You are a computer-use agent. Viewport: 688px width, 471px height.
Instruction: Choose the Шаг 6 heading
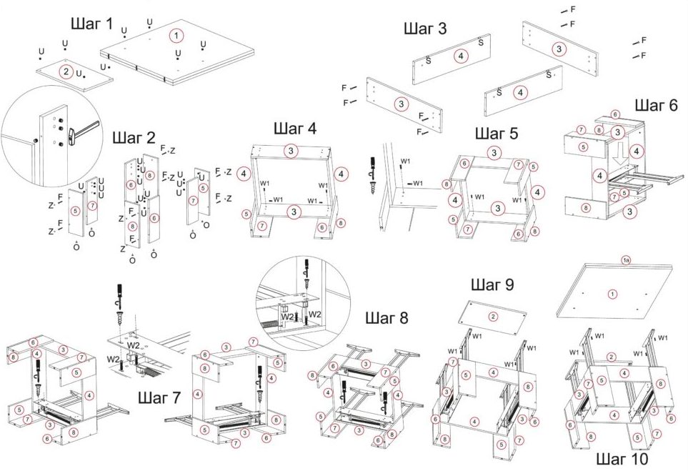(x=656, y=105)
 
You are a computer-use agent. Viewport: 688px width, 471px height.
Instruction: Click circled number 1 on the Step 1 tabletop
(x=176, y=34)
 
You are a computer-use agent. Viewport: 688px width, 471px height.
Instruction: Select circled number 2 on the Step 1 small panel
(x=66, y=71)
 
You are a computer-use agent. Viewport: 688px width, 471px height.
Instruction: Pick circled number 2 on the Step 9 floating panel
(x=492, y=317)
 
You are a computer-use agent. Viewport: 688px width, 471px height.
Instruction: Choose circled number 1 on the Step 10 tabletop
(x=612, y=294)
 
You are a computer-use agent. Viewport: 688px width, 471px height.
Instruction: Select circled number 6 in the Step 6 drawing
(x=615, y=114)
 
